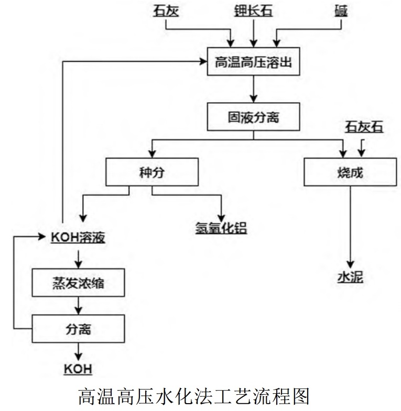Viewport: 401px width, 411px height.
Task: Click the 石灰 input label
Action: pos(166,11)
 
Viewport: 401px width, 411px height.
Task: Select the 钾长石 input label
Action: pos(254,11)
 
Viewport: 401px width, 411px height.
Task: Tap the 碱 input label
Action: pos(341,11)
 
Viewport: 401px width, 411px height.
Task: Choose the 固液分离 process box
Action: pos(254,117)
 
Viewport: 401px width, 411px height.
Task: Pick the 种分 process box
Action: pos(152,172)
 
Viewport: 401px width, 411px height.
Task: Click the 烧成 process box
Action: pos(350,172)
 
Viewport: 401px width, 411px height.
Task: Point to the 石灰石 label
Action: pos(364,126)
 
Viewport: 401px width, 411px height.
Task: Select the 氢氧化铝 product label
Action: pos(221,228)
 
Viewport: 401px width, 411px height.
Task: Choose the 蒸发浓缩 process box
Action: pos(78,283)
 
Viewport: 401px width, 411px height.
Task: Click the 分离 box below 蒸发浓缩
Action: pos(78,328)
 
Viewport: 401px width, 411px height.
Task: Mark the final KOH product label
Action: pos(78,369)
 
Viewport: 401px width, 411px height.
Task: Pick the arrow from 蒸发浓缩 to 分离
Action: pos(78,305)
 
